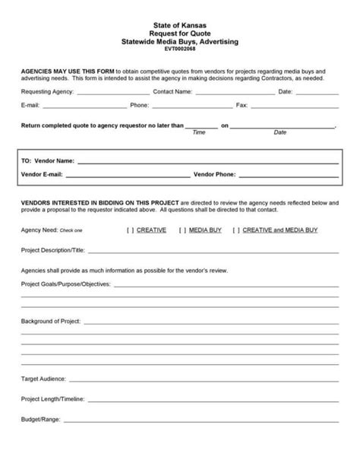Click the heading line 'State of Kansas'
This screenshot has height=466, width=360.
(180, 24)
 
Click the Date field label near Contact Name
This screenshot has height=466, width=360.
(286, 91)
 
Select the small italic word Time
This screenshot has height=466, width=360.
(200, 132)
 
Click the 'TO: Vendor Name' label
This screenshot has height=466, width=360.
(48, 161)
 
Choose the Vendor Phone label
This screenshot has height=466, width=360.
(215, 174)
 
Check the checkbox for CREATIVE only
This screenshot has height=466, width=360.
(131, 229)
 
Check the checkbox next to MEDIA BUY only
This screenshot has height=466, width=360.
(183, 229)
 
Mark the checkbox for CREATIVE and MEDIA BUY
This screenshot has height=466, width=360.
(236, 229)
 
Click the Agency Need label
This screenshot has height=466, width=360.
(38, 229)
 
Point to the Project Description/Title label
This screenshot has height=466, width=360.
(53, 249)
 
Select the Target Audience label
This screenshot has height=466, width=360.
(43, 378)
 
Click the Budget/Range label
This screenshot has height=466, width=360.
(40, 419)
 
